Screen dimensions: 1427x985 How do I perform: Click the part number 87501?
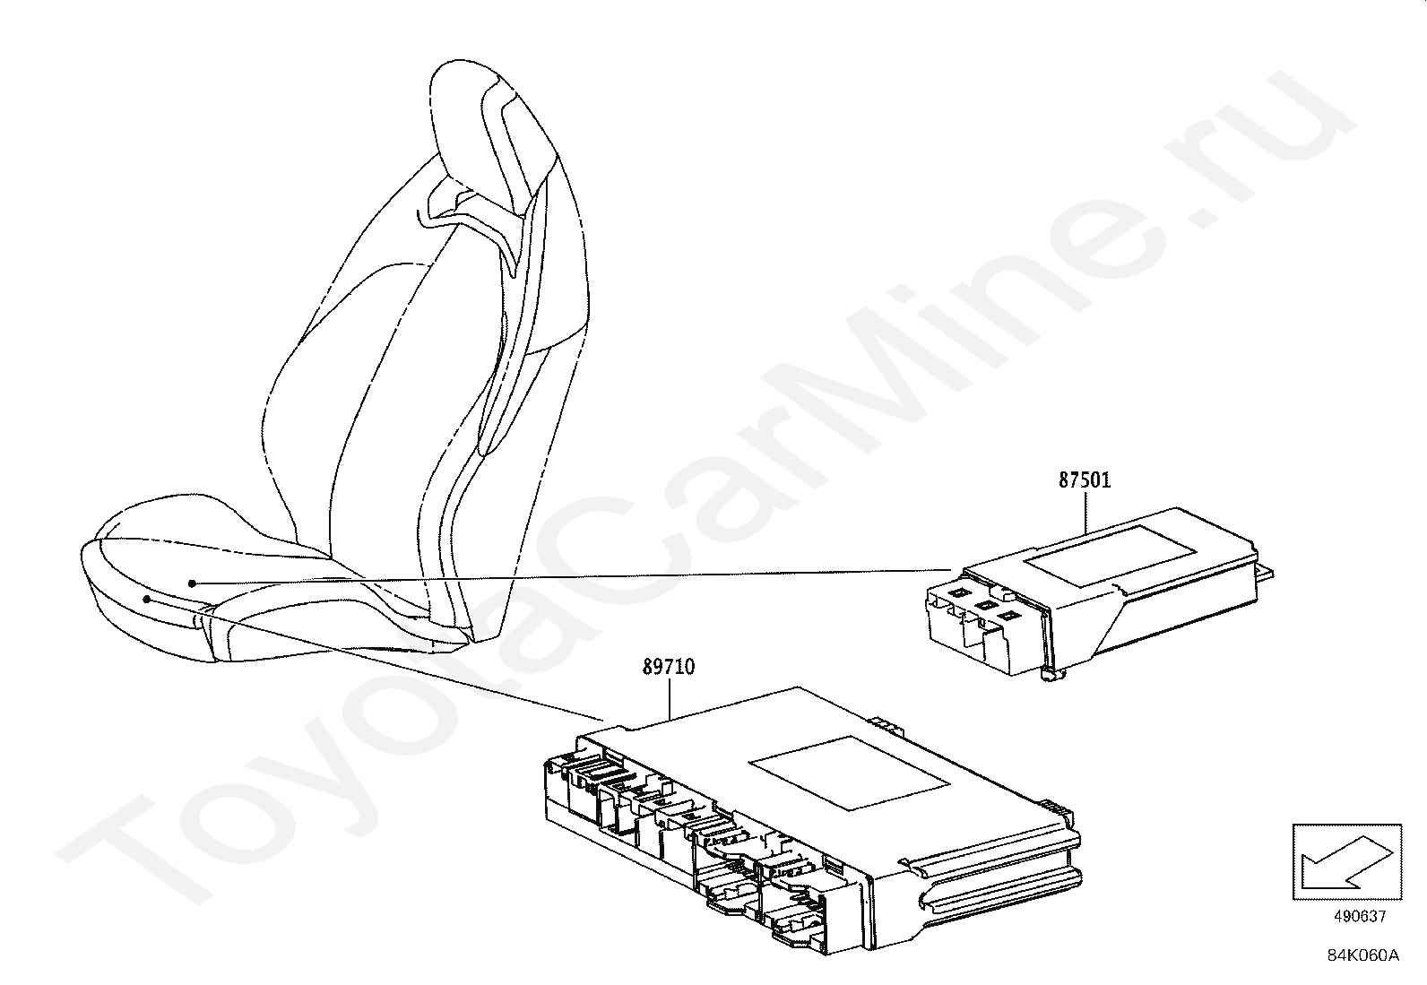(x=1085, y=480)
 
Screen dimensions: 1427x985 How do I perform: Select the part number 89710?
(x=668, y=668)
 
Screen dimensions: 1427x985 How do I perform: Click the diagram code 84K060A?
(x=1363, y=955)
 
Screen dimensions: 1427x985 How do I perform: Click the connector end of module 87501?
(x=986, y=618)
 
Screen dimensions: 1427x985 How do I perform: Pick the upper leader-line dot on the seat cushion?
(x=192, y=583)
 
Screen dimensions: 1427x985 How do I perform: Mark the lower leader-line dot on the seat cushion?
(x=146, y=597)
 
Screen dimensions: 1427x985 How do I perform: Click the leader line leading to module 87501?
(x=574, y=576)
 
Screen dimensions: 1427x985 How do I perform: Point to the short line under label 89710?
(x=670, y=700)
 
